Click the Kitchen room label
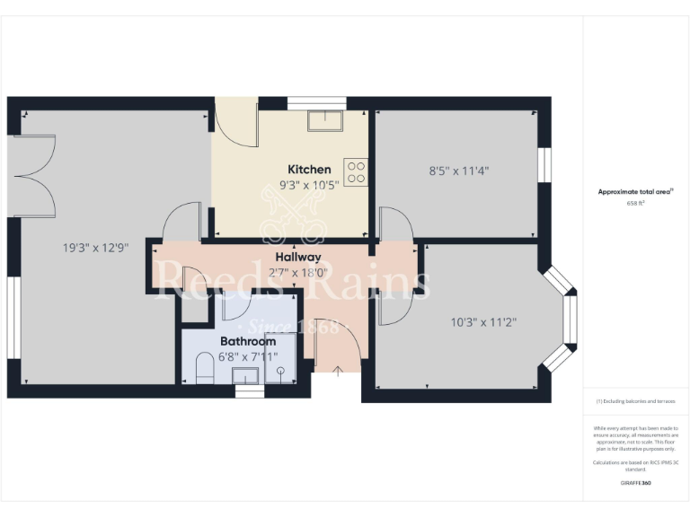(309, 170)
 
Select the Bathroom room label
(248, 342)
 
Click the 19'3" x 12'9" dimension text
(90, 249)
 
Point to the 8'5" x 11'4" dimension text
(459, 170)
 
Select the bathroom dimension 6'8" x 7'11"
(249, 357)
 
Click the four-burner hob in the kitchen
(356, 171)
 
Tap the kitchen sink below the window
(323, 120)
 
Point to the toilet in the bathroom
(203, 369)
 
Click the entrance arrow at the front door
(338, 371)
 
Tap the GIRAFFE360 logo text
(635, 483)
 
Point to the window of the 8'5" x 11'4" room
(544, 169)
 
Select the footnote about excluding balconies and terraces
(635, 401)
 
